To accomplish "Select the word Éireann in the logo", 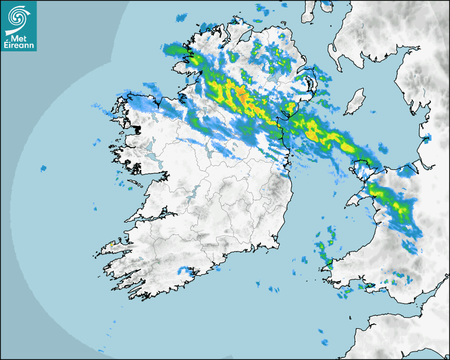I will (x=19, y=45).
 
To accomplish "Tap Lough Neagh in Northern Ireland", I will (x=274, y=77).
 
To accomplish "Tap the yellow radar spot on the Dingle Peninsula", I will (x=111, y=245).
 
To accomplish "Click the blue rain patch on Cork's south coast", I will (x=185, y=271).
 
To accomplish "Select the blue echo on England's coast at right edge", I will (x=427, y=140).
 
